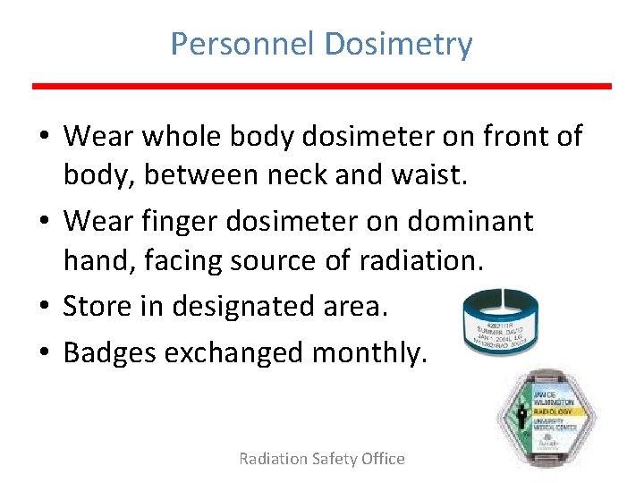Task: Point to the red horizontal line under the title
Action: (x=322, y=86)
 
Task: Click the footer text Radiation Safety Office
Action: (x=322, y=459)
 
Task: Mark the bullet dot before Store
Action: (x=44, y=306)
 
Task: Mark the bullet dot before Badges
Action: (x=44, y=353)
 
